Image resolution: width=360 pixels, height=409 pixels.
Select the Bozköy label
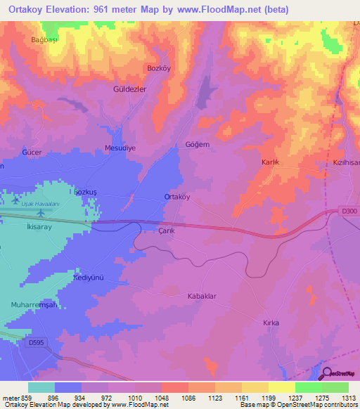click(x=158, y=67)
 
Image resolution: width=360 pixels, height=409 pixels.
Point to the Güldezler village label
click(x=129, y=90)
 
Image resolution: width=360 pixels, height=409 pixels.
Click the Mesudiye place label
click(x=120, y=148)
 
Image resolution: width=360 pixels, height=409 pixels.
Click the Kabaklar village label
click(x=201, y=296)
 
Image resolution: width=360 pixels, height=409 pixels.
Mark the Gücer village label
click(x=32, y=152)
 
